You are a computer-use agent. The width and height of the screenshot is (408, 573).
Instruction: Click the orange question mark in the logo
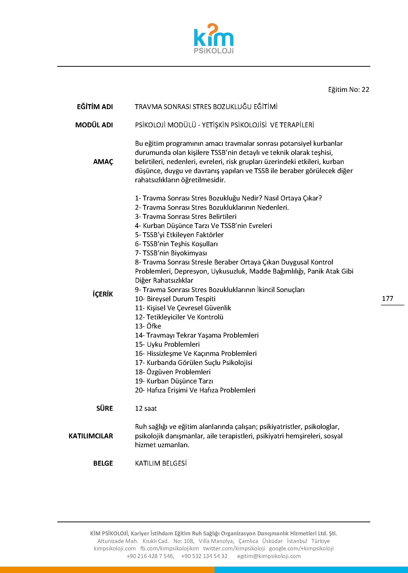pyautogui.click(x=212, y=30)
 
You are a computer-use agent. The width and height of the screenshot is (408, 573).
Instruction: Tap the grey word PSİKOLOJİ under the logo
pyautogui.click(x=214, y=51)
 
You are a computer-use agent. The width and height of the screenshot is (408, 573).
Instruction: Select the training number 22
pyautogui.click(x=365, y=90)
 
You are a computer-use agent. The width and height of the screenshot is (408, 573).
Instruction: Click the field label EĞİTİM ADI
pyautogui.click(x=95, y=107)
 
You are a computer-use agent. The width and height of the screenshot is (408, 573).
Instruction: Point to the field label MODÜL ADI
pyautogui.click(x=94, y=125)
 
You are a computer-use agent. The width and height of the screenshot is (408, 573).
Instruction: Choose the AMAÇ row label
pyautogui.click(x=103, y=162)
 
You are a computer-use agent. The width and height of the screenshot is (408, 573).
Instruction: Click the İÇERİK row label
pyautogui.click(x=103, y=294)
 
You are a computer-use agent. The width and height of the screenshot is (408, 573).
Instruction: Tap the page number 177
pyautogui.click(x=387, y=298)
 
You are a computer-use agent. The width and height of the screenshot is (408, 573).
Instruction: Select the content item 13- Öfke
pyautogui.click(x=148, y=326)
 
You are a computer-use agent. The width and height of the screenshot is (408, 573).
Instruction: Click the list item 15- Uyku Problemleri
pyautogui.click(x=167, y=344)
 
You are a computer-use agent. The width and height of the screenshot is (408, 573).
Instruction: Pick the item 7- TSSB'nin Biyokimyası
pyautogui.click(x=171, y=253)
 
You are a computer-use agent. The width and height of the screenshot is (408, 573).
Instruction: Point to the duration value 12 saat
pyautogui.click(x=146, y=409)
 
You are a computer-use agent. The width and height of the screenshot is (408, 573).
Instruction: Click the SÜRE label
pyautogui.click(x=105, y=409)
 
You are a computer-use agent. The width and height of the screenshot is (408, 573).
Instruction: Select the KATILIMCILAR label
pyautogui.click(x=91, y=436)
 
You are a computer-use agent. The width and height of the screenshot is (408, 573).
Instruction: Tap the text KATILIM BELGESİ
pyautogui.click(x=161, y=463)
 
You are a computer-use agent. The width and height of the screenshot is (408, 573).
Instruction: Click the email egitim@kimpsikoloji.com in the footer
pyautogui.click(x=269, y=556)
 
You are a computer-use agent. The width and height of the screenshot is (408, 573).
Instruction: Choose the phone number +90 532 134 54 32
pyautogui.click(x=204, y=556)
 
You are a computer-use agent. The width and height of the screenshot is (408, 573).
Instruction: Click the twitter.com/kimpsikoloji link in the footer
pyautogui.click(x=234, y=548)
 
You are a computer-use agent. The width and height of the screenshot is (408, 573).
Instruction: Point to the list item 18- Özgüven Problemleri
pyautogui.click(x=173, y=372)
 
